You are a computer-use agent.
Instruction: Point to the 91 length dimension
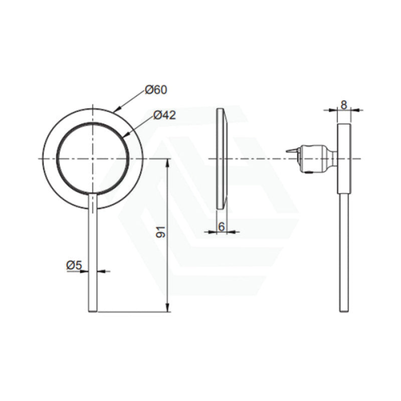(x=161, y=232)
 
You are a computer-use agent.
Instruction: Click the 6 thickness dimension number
(x=221, y=227)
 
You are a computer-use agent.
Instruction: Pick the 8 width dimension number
(x=343, y=105)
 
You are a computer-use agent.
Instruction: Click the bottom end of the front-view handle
(x=93, y=311)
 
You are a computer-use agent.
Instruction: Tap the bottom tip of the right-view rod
(x=344, y=311)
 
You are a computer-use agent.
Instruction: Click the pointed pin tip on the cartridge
(x=288, y=150)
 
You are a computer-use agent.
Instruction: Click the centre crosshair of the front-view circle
(x=93, y=158)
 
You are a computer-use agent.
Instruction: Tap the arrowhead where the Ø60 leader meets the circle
(x=115, y=110)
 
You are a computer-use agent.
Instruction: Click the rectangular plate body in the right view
(x=344, y=158)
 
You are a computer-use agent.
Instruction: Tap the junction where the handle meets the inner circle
(x=93, y=194)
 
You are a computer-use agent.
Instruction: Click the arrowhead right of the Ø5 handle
(x=100, y=271)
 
